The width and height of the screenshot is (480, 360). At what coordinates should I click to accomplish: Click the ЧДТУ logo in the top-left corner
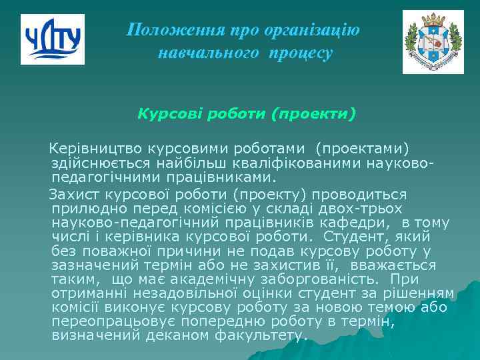53,39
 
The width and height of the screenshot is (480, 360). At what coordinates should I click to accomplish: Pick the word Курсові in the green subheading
165,113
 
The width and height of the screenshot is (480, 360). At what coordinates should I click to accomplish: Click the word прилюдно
84,209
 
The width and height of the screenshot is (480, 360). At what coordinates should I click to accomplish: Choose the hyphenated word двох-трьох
395,209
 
